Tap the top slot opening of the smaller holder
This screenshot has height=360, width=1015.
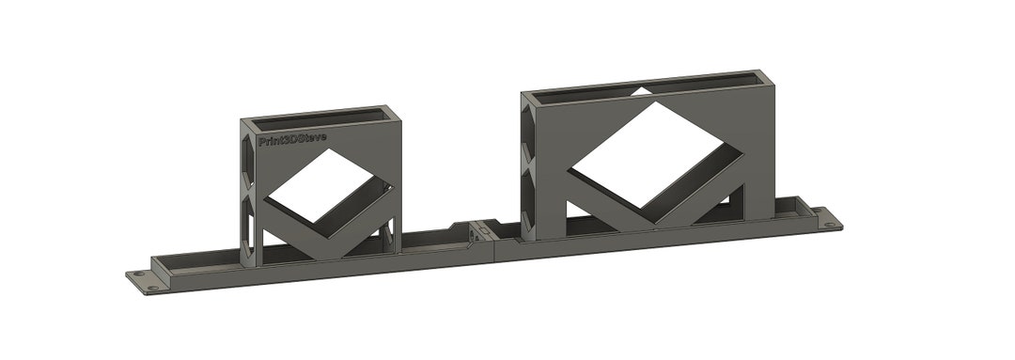coord(320,116)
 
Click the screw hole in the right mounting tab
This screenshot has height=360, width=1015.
coord(829,224)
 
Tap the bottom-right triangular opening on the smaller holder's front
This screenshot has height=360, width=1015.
coord(385,237)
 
